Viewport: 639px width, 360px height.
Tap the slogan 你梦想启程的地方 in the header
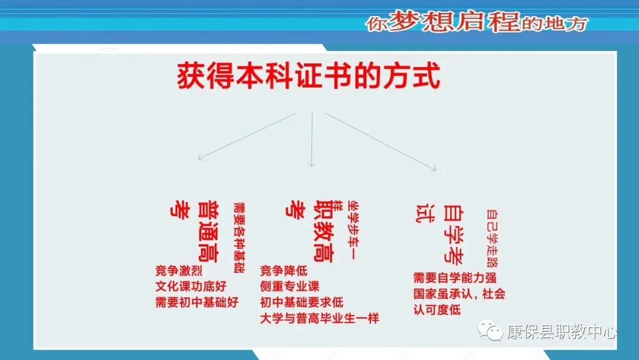click(x=476, y=22)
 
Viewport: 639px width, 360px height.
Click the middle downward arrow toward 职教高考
click(x=312, y=139)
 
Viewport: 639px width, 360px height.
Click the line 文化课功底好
click(x=191, y=287)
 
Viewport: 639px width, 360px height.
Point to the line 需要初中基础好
click(x=196, y=303)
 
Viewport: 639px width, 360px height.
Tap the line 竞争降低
click(x=284, y=271)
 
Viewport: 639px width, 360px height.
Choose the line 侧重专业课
click(x=290, y=287)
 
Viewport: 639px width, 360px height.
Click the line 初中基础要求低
click(x=302, y=303)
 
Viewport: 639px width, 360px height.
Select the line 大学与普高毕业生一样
click(x=319, y=319)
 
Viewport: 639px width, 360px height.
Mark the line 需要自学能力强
click(x=454, y=278)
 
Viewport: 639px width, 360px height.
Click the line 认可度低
click(x=437, y=310)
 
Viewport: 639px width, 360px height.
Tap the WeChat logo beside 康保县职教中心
click(x=490, y=330)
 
